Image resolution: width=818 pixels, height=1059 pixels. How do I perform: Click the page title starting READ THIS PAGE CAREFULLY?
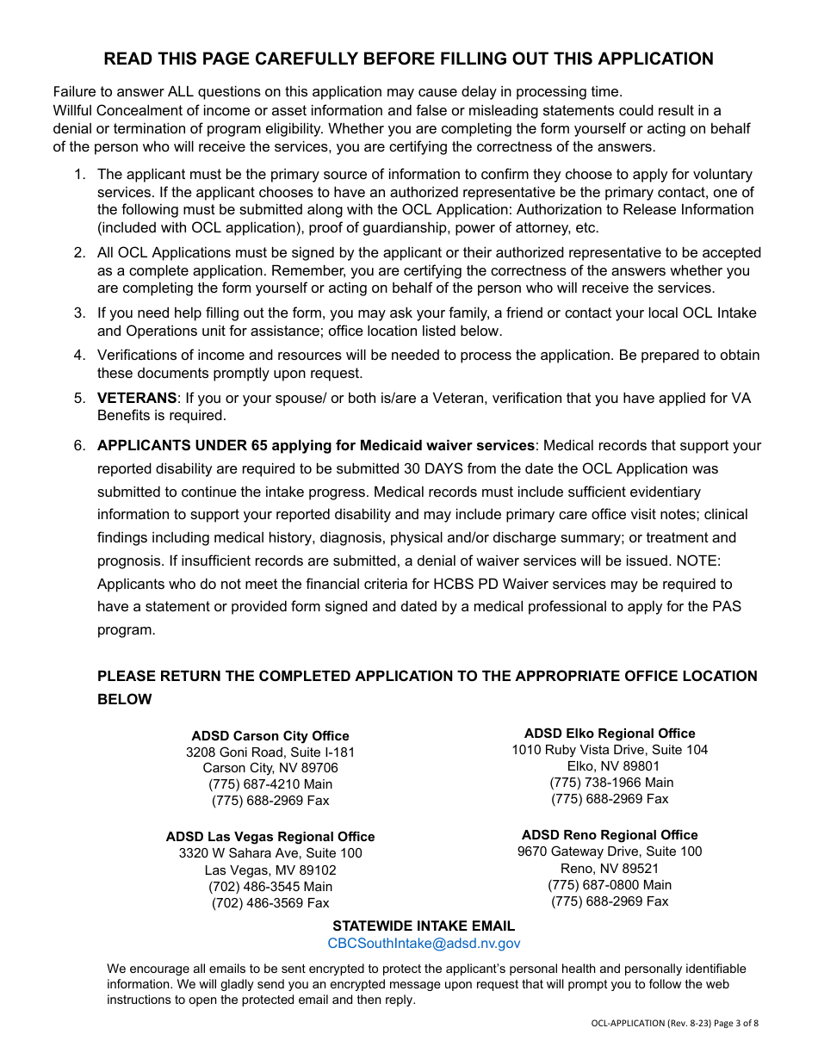pos(408,59)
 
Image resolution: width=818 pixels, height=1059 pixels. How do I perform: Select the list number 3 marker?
pos(79,313)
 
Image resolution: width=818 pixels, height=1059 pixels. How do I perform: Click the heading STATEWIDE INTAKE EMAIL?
pos(424,926)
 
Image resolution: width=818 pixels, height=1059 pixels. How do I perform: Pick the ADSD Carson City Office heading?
pos(270,736)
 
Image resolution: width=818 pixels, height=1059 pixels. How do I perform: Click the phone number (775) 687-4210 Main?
pos(270,784)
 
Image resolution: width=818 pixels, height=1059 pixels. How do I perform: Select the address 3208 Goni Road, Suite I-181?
pos(270,752)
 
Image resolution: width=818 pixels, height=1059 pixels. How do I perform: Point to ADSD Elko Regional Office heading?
pos(610,734)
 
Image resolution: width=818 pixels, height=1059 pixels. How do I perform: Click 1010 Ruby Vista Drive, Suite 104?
pos(610,750)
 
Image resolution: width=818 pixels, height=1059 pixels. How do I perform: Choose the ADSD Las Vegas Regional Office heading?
pos(270,837)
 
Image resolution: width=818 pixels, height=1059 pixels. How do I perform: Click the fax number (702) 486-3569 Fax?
pos(270,903)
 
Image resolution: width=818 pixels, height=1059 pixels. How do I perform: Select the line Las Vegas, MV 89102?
pos(270,870)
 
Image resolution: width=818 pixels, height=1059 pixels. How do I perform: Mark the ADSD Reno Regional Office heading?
pos(610,835)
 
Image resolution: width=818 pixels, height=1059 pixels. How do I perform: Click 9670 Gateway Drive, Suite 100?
pos(610,852)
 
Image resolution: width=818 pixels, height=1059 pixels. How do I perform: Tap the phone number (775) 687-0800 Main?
pos(610,885)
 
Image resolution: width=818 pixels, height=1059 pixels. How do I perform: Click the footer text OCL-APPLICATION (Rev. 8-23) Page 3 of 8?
pos(674,1024)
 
